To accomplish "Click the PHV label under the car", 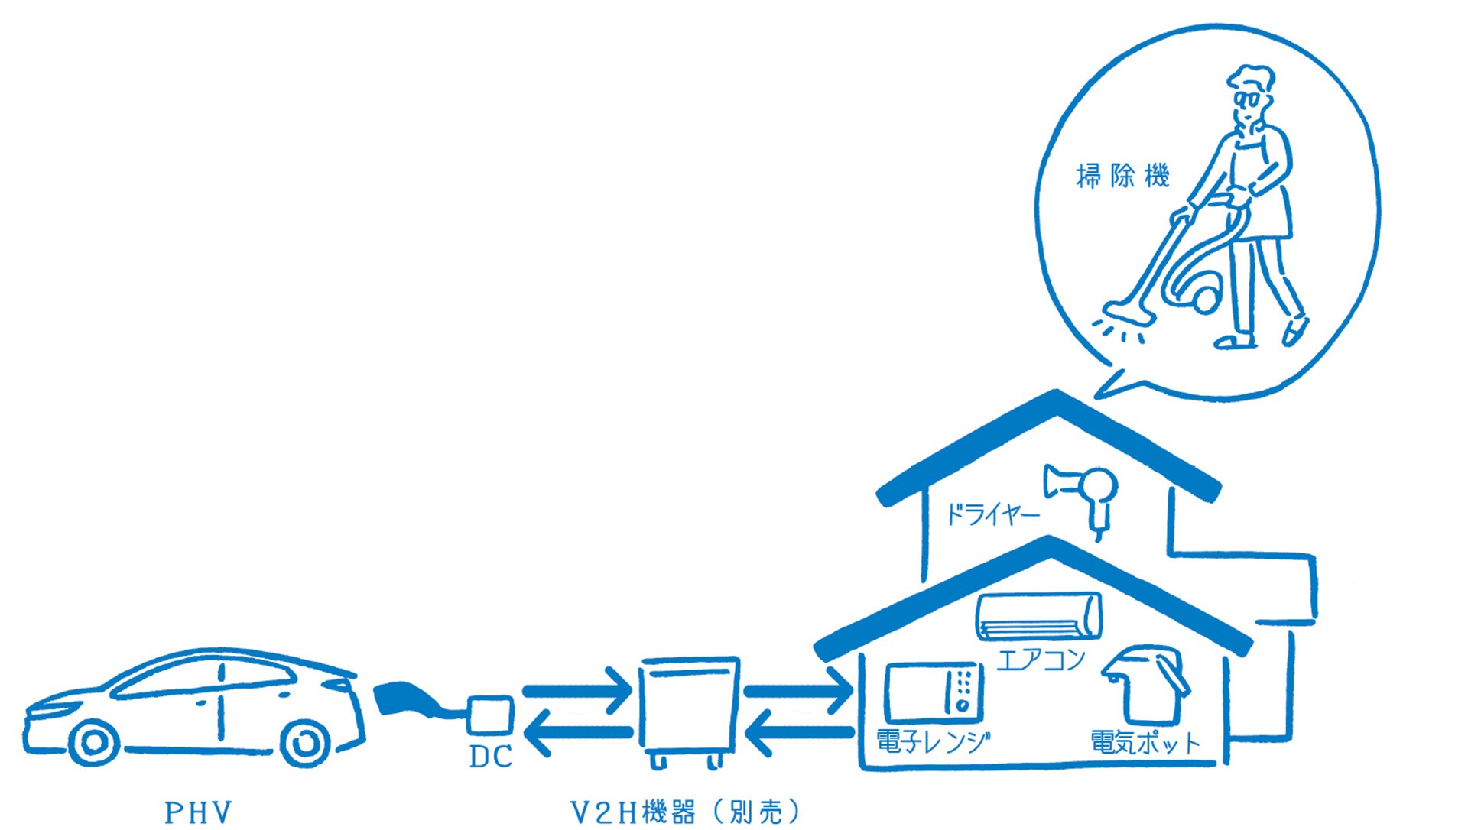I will pos(198,812).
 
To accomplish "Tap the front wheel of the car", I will pos(93,741).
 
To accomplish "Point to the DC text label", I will pos(490,757).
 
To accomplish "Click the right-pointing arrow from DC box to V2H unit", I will pos(576,690).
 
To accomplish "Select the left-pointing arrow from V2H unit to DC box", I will pos(576,734).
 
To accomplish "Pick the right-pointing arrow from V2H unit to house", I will pos(797,691).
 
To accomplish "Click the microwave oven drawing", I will pos(934,692).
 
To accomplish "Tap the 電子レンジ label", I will pos(933,741).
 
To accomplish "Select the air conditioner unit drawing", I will pos(1039,616).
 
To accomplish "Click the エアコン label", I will pos(1041,659).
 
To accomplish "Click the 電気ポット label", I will pos(1145,742).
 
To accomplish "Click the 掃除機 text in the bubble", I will pos(1122,177).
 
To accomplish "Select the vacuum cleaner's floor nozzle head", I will pos(1124,313).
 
